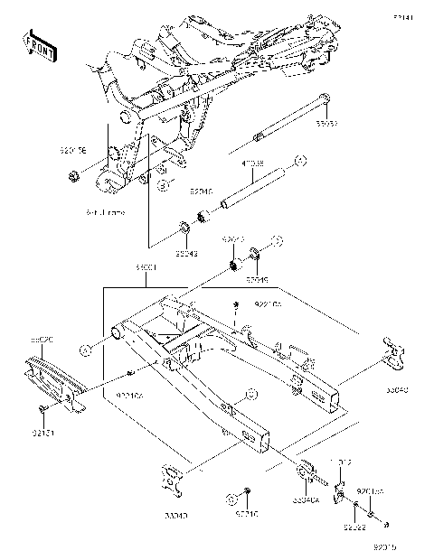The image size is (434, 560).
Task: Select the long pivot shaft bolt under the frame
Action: [288, 117]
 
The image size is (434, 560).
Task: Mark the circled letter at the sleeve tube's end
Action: [301, 160]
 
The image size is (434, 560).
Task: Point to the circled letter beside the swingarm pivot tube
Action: [86, 348]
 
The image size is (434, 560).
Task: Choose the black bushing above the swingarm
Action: [235, 265]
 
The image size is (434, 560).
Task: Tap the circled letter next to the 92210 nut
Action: [279, 241]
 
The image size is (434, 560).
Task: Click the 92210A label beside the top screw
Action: [268, 305]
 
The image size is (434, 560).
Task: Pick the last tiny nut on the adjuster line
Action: [386, 525]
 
